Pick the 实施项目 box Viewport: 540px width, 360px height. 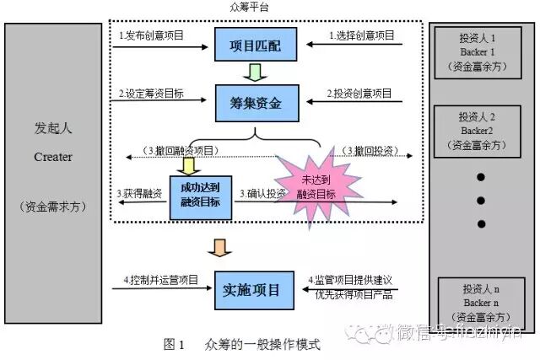249,290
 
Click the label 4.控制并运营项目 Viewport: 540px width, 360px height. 159,279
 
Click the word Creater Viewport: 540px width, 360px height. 53,157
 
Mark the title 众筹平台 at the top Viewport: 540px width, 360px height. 250,8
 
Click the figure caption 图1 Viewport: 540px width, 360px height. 174,345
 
